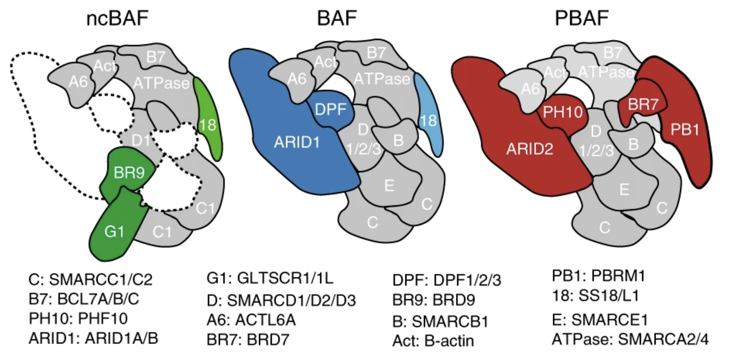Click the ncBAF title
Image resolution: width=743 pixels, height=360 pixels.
click(x=117, y=18)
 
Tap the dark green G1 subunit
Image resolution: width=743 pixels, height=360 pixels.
click(x=114, y=232)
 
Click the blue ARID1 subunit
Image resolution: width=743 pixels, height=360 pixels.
click(x=297, y=143)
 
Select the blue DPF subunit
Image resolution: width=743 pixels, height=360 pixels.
click(x=330, y=109)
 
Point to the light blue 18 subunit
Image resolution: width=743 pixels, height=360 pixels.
click(x=428, y=120)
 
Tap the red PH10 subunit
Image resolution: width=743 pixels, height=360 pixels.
click(x=563, y=112)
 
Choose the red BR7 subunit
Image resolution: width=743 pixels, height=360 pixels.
click(x=643, y=104)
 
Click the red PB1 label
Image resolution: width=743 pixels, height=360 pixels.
click(x=685, y=130)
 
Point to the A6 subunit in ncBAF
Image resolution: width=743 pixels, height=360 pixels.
click(x=78, y=81)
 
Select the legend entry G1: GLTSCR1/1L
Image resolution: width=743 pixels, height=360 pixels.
click(x=270, y=278)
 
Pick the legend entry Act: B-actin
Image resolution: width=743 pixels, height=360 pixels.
click(x=433, y=341)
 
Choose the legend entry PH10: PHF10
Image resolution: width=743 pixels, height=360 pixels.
click(x=78, y=319)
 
